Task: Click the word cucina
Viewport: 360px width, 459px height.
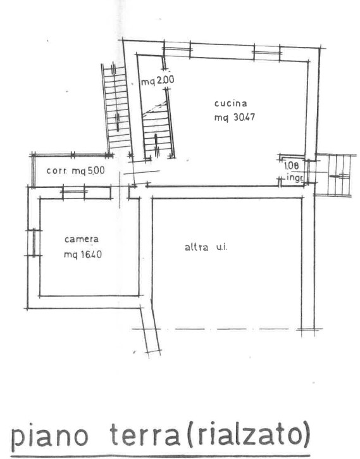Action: click(x=231, y=103)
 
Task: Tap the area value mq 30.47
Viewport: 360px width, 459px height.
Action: click(x=235, y=117)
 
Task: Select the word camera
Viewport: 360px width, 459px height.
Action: click(x=82, y=239)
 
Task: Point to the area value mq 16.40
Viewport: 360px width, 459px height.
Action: click(x=83, y=255)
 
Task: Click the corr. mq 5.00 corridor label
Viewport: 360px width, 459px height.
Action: click(x=75, y=170)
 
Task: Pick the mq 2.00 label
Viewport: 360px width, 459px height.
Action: click(x=158, y=80)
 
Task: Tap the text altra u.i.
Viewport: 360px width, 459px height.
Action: click(x=206, y=248)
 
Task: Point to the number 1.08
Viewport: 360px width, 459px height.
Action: click(x=292, y=166)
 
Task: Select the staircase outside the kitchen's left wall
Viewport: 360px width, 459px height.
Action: click(x=116, y=108)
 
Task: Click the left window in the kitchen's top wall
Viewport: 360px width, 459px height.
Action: click(x=177, y=49)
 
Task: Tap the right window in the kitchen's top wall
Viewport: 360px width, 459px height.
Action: click(x=267, y=53)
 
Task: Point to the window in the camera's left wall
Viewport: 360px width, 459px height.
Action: click(x=34, y=242)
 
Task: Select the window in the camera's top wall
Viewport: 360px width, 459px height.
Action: click(x=74, y=192)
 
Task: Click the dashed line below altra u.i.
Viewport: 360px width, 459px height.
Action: click(x=227, y=329)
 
